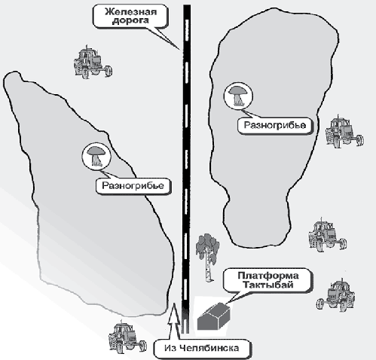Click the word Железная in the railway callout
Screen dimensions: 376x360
pos(130,12)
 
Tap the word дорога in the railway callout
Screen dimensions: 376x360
pos(130,20)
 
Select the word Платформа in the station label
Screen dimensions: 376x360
pos(268,276)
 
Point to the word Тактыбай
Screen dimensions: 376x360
pos(268,285)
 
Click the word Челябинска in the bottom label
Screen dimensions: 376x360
pos(209,348)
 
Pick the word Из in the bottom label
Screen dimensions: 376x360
pos(171,348)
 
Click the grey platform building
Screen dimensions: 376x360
pos(213,316)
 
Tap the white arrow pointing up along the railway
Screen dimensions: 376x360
pos(175,322)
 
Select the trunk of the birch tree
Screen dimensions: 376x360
pos(209,266)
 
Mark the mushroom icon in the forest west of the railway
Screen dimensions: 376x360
pos(96,156)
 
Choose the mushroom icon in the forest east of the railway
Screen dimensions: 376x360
pos(238,96)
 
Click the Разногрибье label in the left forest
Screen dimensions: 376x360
pos(133,186)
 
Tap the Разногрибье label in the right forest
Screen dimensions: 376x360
pos(275,125)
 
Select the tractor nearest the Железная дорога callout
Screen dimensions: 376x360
pos(93,62)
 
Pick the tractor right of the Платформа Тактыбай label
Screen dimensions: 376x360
pos(336,294)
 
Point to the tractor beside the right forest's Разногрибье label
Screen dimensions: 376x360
pos(344,131)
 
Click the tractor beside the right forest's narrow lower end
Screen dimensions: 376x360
pos(327,235)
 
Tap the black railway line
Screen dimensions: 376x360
pos(186,169)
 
